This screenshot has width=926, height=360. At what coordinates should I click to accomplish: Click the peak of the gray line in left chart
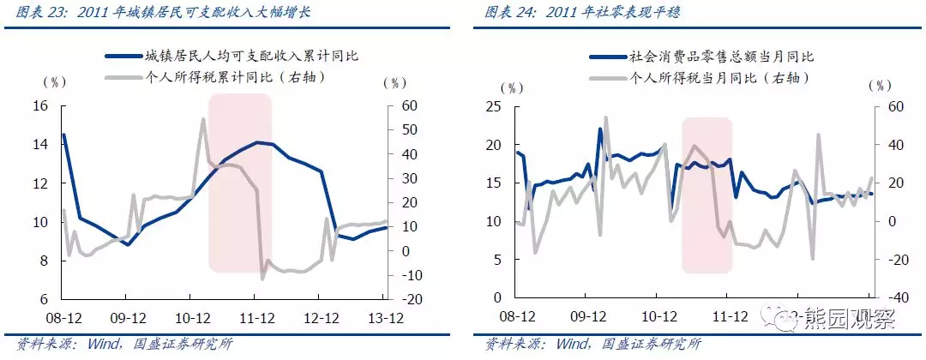203,119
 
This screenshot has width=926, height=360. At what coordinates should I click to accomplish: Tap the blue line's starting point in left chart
63,135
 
